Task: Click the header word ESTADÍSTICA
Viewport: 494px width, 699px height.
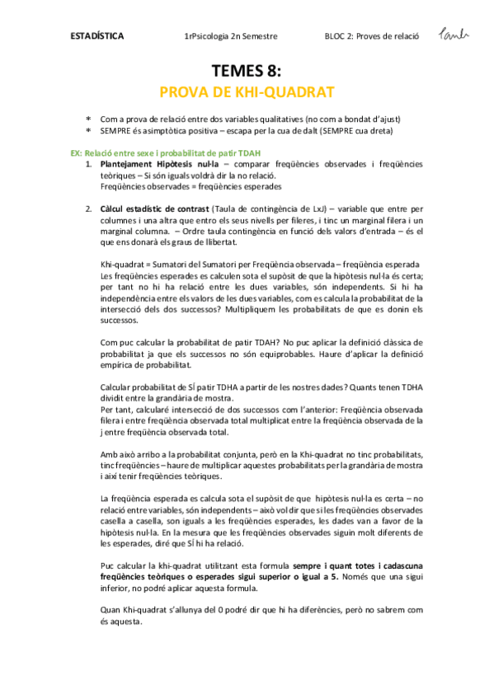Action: tap(94, 36)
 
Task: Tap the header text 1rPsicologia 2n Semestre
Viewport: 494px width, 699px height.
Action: tap(231, 36)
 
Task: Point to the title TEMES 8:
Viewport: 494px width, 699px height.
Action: tap(246, 72)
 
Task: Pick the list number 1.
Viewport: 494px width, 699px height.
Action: tap(89, 165)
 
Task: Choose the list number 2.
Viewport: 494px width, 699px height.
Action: tap(89, 210)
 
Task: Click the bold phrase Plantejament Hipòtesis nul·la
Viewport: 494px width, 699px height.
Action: tap(145, 165)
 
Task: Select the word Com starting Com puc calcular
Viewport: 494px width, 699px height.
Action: tap(107, 342)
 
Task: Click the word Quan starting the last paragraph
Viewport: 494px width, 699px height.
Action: tap(110, 611)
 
